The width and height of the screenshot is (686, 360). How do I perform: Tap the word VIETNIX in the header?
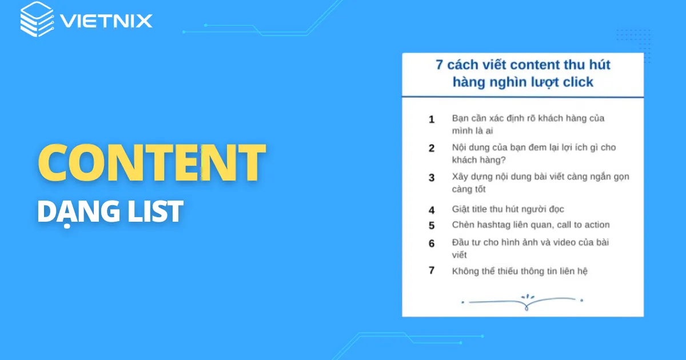106,22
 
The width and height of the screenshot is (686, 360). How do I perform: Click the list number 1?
432,119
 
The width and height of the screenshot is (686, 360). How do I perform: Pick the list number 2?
432,148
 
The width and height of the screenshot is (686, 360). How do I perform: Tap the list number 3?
432,177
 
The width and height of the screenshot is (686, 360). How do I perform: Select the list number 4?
432,210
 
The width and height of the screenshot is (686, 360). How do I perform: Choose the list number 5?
432,225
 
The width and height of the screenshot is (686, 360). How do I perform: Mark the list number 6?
432,243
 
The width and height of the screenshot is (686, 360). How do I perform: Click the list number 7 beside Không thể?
432,270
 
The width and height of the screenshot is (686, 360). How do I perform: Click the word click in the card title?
577,82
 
